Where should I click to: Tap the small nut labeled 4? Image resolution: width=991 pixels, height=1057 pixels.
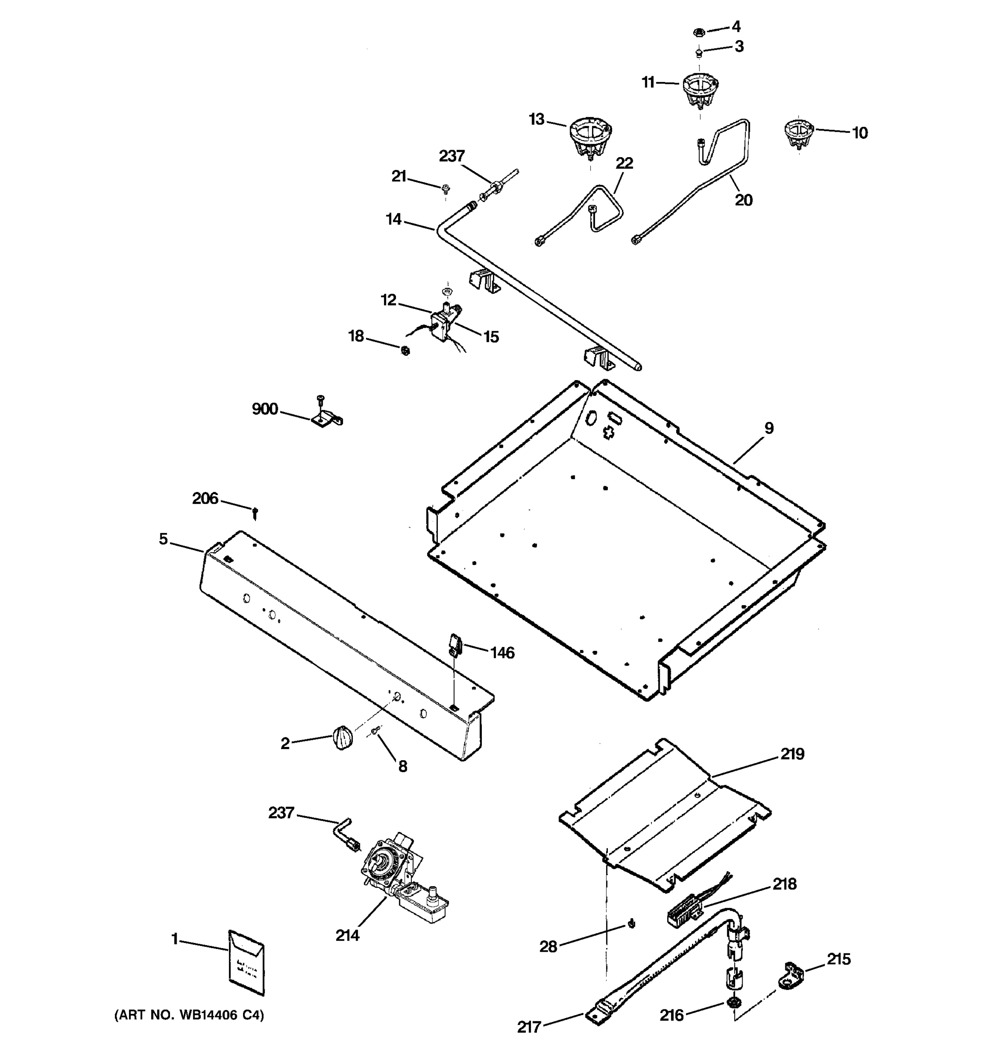pos(699,33)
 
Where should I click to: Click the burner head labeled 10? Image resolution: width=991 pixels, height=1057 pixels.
pos(799,133)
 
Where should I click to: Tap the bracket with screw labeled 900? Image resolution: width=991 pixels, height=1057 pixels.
pos(326,418)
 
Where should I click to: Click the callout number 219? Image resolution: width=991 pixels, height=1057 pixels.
pos(791,754)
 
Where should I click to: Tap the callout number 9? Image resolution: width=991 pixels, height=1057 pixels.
pos(769,428)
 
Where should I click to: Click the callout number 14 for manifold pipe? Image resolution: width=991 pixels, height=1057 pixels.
pos(393,219)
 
